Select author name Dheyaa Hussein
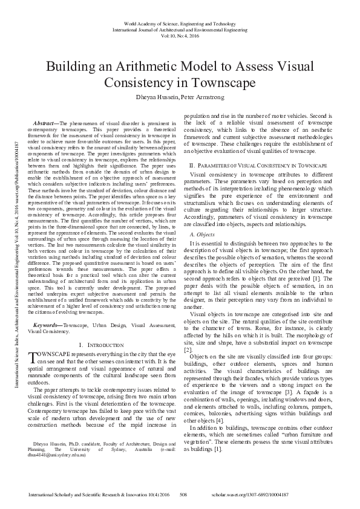pos(153,96)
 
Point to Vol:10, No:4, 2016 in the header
pos(180,36)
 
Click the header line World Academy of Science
pos(180,22)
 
